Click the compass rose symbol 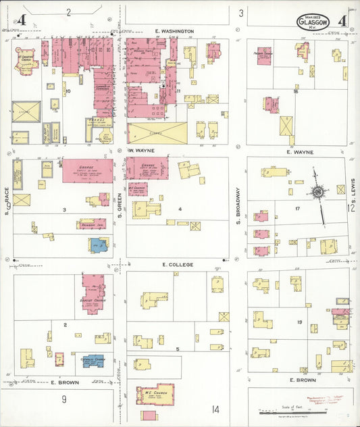tap(317, 192)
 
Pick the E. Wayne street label tap(297, 152)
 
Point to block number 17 tap(297, 209)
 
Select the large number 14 tap(215, 409)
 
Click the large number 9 tap(64, 399)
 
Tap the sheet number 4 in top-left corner tap(23, 20)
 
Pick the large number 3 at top tap(240, 13)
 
